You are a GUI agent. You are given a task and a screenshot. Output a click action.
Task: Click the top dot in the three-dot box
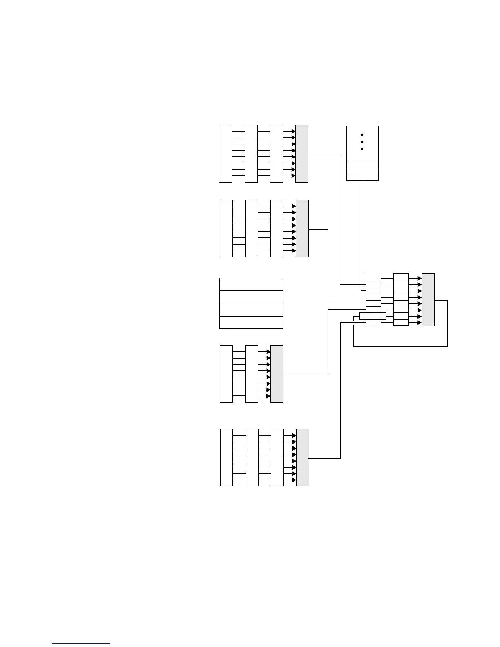(362, 134)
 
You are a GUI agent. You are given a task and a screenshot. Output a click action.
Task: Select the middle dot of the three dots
(362, 142)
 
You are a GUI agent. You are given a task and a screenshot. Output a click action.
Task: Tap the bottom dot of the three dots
(362, 149)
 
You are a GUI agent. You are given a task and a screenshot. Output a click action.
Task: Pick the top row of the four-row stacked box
(251, 284)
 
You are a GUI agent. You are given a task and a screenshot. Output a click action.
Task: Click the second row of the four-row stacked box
(251, 297)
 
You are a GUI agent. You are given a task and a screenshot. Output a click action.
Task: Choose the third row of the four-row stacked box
(251, 310)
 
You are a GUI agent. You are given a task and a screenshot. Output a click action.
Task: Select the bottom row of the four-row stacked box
(251, 322)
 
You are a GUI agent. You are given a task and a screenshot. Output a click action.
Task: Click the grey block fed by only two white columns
(277, 374)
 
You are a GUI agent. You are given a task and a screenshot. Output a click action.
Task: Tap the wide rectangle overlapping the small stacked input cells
(373, 316)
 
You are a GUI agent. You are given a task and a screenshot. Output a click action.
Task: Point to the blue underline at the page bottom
(81, 643)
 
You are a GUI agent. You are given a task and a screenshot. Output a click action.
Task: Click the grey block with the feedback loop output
(428, 299)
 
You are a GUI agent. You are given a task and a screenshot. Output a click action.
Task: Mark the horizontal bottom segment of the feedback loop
(400, 346)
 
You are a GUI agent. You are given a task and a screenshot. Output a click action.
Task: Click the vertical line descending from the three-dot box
(360, 225)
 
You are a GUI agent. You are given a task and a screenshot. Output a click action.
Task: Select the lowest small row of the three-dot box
(362, 177)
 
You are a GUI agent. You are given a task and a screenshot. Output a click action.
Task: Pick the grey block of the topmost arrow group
(301, 153)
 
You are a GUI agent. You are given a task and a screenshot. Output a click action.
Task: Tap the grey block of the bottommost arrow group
(302, 457)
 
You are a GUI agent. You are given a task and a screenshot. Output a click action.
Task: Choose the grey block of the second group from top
(302, 228)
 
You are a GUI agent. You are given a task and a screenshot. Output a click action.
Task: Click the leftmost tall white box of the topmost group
(225, 153)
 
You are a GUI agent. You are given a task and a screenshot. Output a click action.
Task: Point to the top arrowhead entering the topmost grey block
(293, 132)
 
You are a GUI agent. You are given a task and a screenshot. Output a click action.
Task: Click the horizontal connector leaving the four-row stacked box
(323, 303)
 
